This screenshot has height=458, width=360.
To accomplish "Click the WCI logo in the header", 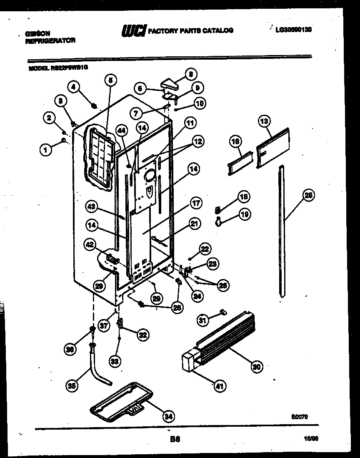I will pos(133,30).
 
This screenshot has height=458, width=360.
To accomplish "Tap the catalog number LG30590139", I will pos(293,30).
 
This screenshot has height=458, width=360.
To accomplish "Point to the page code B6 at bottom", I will pos(175,439).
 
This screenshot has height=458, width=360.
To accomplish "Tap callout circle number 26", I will pos(308,195).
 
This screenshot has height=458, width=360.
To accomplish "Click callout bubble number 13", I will pos(264,121).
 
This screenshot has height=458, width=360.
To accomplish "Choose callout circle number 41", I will pos(219,386).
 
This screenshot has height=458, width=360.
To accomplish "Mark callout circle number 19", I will pos(244,215).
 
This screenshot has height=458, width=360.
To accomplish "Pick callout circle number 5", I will pos(111,80).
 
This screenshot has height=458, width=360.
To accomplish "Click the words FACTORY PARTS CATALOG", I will pos(190,30).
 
